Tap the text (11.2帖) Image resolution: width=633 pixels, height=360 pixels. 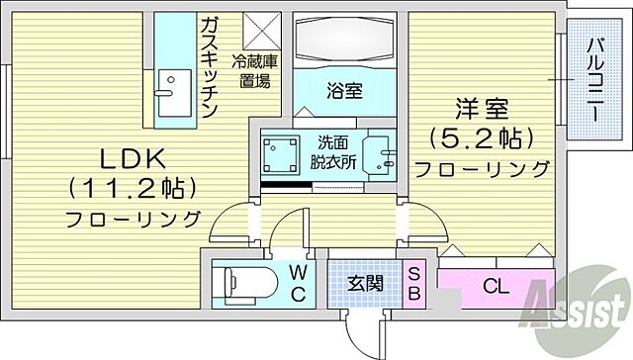(132, 187)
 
